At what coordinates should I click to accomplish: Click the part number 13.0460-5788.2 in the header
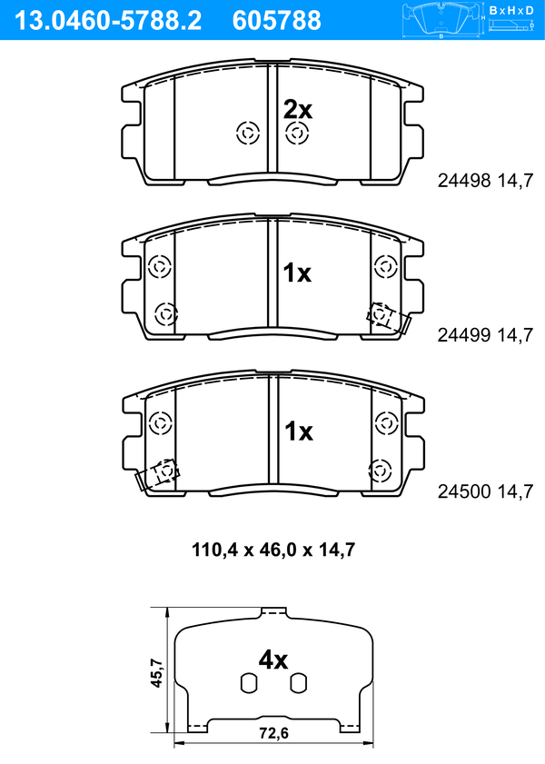coord(108,21)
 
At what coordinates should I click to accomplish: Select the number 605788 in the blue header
coord(277,21)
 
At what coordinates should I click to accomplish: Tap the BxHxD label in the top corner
coord(511,10)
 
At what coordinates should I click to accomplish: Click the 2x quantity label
coord(298,110)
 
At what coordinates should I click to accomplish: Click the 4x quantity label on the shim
coord(273,660)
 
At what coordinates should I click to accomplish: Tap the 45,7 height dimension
coord(156,673)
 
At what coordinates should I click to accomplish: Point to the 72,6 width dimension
coord(273,733)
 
